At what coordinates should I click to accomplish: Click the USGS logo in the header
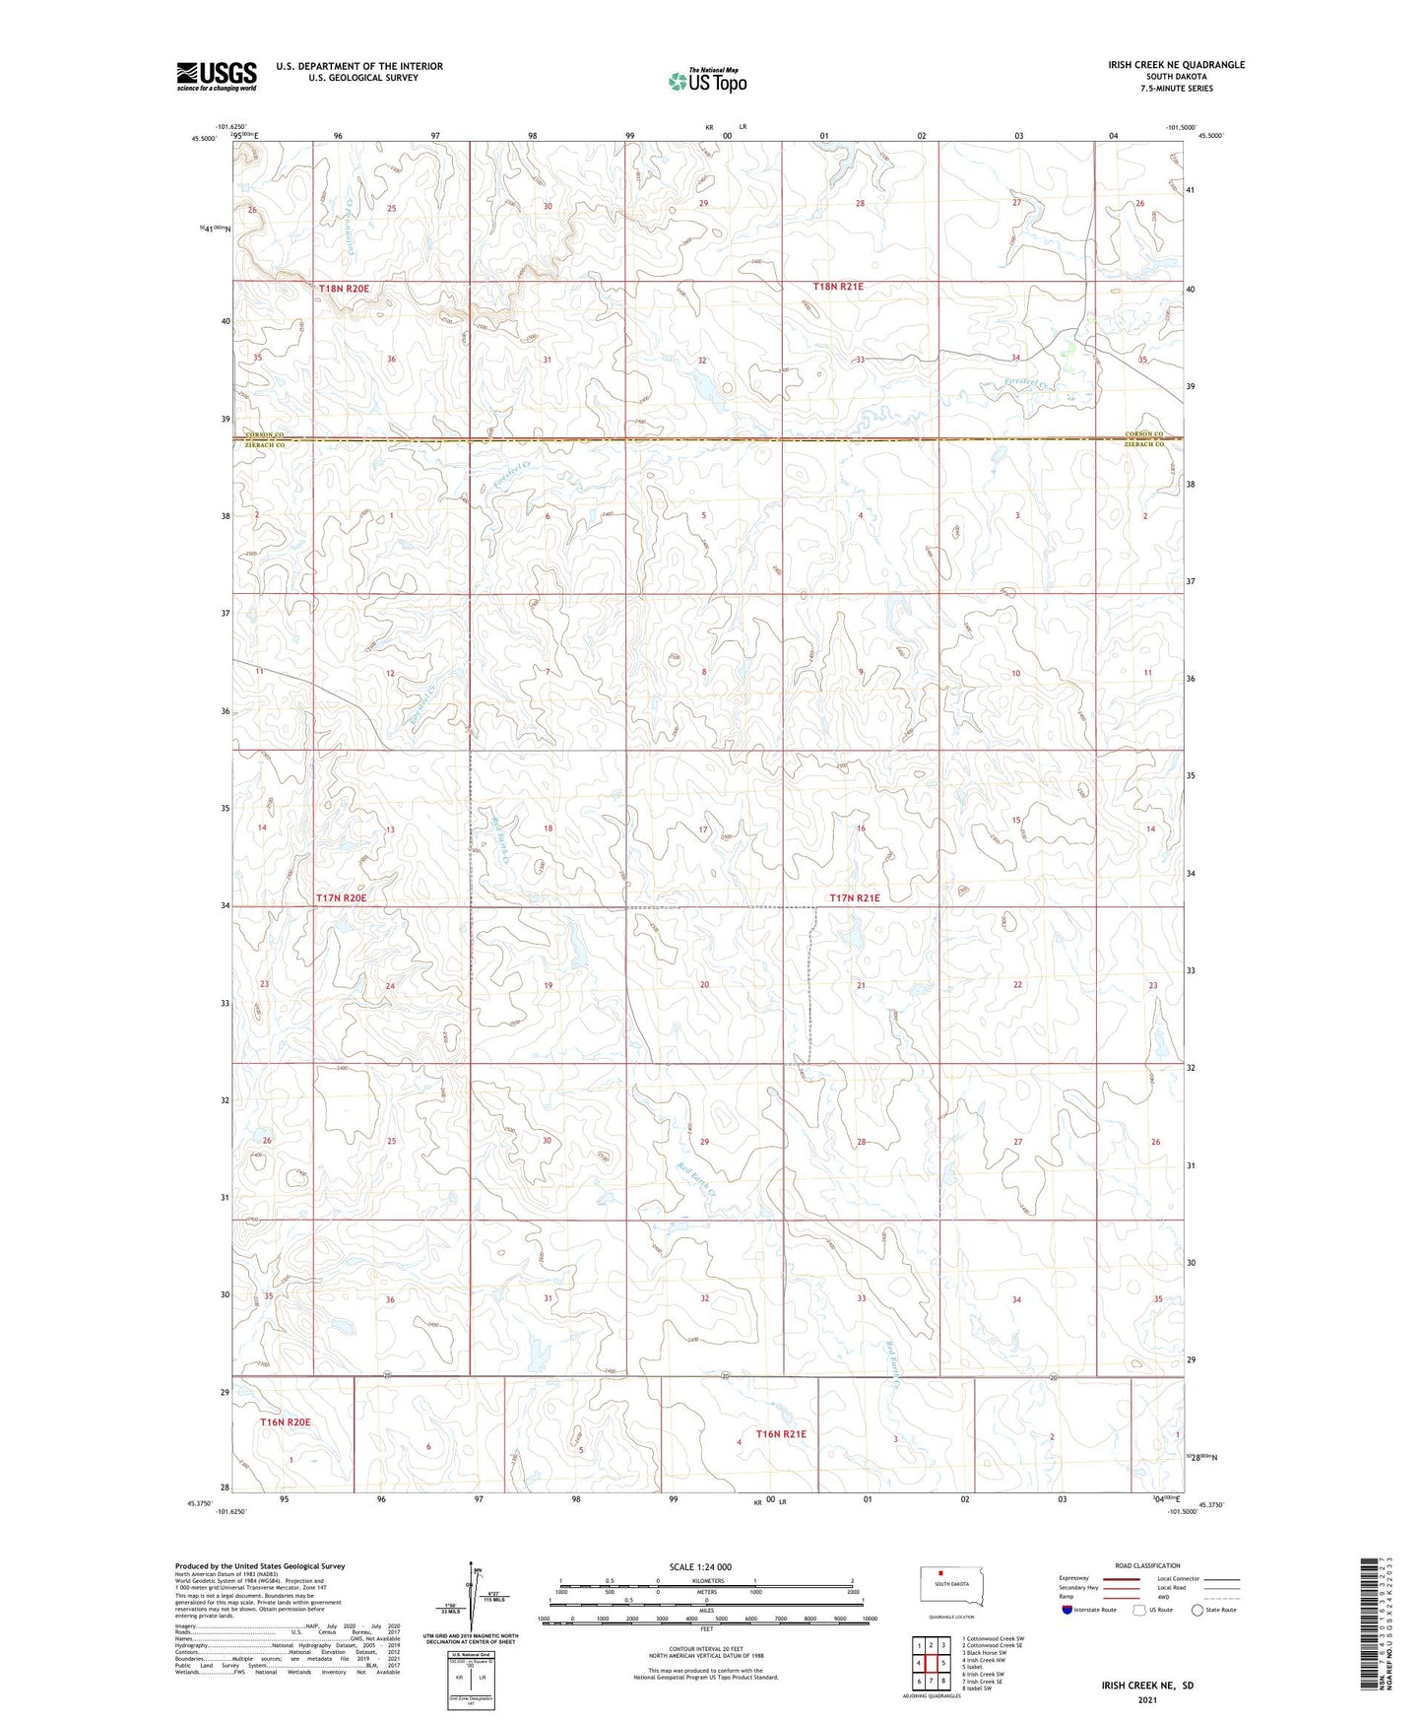(216, 76)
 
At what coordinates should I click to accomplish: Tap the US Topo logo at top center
(706, 81)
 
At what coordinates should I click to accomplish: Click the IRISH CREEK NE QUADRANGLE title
(1162, 65)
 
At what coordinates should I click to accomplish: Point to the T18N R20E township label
(344, 289)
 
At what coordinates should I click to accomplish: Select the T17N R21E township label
(854, 898)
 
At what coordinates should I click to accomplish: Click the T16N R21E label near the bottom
(780, 1434)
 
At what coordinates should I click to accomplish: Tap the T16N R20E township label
(285, 1422)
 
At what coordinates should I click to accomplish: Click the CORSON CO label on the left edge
(264, 434)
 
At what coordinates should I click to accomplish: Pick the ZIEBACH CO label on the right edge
(1144, 445)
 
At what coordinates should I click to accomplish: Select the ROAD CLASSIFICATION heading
(1147, 1565)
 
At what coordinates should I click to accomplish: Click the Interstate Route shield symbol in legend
(1067, 1610)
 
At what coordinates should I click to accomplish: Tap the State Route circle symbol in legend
(1198, 1610)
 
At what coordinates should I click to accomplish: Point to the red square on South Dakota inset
(940, 1573)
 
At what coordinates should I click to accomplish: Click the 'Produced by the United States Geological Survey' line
(260, 1566)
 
